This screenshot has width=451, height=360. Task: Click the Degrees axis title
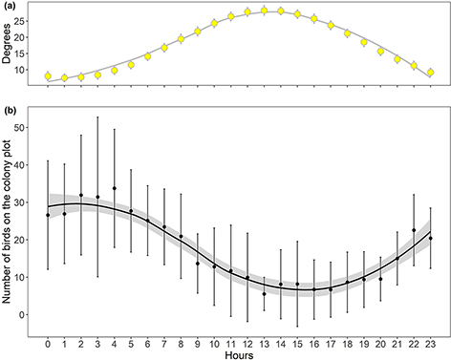(9, 45)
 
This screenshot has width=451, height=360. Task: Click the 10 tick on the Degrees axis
(24, 70)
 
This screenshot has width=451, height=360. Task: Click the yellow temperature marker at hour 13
(265, 11)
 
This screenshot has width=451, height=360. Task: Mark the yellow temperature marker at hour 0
(48, 75)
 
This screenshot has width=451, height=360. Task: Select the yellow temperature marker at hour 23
(431, 73)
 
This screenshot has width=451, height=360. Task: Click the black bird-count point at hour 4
(115, 189)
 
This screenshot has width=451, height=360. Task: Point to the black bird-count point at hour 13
(264, 294)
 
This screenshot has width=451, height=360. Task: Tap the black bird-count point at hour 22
(414, 230)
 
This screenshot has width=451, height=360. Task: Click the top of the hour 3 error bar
(97, 117)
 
